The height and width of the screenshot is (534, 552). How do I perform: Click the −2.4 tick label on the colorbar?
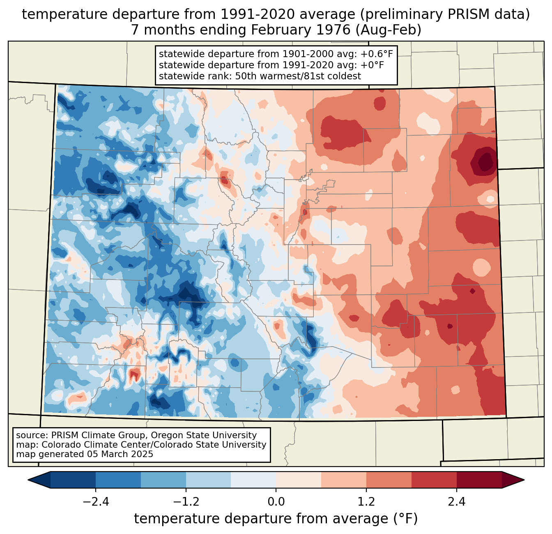96,502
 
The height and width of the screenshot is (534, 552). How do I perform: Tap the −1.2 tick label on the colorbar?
186,502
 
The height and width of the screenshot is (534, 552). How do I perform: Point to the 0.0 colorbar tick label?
276,502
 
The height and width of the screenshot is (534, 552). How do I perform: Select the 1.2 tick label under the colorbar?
366,502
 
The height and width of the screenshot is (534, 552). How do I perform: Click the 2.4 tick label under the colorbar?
456,502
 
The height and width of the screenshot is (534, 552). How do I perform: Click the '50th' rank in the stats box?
248,76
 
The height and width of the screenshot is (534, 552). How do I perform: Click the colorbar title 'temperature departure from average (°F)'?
276,519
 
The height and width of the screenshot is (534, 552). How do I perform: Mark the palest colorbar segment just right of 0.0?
299,480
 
